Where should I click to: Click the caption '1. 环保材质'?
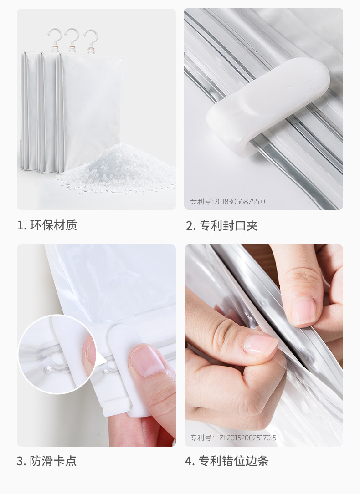[x=47, y=225]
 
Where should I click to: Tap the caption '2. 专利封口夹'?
[x=221, y=225]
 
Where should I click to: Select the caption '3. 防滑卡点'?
[x=47, y=461]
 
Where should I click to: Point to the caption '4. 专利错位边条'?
[x=226, y=461]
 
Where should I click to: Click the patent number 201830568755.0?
[x=227, y=201]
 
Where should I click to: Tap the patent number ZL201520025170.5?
[x=233, y=438]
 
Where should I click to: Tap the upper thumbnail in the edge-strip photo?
[x=303, y=311]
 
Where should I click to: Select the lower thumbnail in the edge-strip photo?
[x=260, y=345]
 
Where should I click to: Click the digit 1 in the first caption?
[x=20, y=225]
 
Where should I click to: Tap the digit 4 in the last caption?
[x=189, y=461]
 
